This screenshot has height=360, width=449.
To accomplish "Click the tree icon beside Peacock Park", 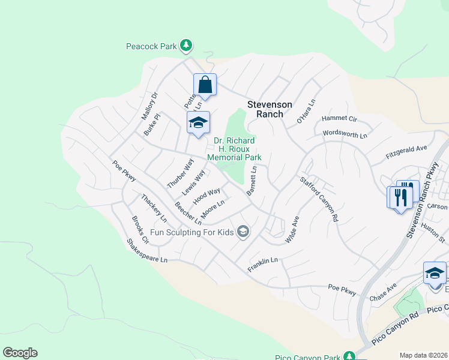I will (187, 45).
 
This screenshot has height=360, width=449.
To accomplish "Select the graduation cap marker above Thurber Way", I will (198, 124).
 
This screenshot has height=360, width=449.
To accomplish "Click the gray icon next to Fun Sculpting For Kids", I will (243, 232).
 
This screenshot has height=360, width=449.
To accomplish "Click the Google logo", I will (20, 353).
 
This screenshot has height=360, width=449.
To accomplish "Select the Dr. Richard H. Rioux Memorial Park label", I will (234, 149).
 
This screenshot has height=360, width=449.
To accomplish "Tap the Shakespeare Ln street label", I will (146, 251).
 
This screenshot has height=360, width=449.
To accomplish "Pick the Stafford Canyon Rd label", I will (319, 199).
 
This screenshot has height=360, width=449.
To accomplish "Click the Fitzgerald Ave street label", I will (406, 155).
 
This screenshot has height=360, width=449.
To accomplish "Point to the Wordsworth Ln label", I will (345, 134).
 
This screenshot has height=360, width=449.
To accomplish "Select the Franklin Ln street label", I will (263, 265).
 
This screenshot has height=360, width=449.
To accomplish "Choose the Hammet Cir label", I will (339, 119).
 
